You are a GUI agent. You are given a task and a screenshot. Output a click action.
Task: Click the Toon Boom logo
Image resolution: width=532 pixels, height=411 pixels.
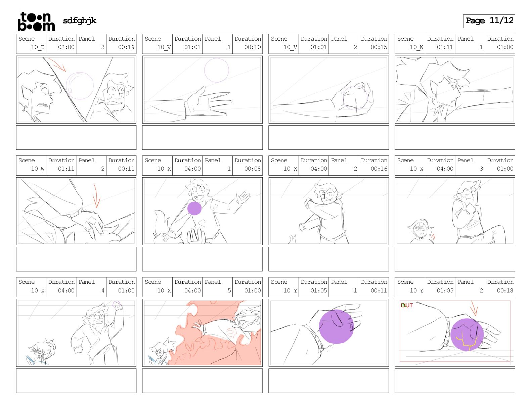pos(36,21)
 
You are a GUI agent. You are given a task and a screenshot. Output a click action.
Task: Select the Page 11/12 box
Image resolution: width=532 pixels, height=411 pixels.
pos(489,21)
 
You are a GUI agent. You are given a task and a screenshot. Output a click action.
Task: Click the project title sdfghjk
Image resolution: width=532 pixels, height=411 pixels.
pos(80,21)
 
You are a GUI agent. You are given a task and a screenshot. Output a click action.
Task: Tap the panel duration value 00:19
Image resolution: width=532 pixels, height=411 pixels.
pos(126,47)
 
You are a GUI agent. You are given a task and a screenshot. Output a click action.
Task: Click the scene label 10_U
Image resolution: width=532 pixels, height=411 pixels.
pos(38,47)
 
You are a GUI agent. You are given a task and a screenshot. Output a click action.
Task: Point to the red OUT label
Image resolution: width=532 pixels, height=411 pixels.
pos(407,305)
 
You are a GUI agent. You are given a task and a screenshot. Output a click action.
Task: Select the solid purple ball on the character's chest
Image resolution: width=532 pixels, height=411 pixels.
pos(194,208)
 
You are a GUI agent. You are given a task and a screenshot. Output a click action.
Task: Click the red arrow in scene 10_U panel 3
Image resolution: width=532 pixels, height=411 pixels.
pos(57,64)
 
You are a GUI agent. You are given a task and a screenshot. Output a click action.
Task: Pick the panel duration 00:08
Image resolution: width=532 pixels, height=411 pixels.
pos(253,169)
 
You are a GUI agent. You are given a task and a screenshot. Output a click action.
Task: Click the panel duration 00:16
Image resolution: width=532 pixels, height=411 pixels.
pos(379,169)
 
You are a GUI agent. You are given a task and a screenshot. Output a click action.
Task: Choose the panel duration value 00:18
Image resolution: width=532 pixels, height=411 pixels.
pos(505,290)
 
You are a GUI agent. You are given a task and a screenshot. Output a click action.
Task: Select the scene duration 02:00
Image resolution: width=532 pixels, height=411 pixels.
pos(66,47)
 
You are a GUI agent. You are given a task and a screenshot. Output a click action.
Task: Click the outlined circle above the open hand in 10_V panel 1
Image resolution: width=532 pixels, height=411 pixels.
pos(216,70)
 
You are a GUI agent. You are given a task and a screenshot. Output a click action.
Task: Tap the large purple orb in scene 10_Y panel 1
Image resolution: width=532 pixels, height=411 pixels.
pos(336,326)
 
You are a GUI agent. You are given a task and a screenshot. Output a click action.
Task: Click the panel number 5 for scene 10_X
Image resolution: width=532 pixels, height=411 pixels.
pos(229,290)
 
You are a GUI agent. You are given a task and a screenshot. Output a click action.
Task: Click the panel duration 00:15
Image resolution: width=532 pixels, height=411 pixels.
pos(379,47)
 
